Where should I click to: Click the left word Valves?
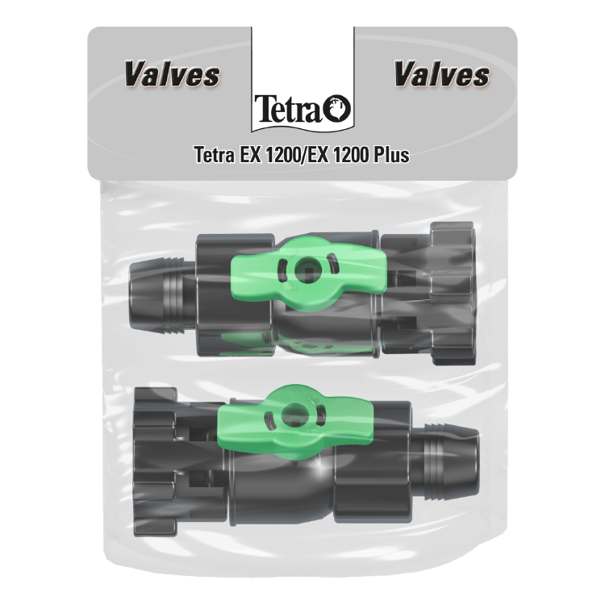[x=172, y=74]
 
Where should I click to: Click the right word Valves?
[x=442, y=74]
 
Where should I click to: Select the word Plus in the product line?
[x=391, y=155]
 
